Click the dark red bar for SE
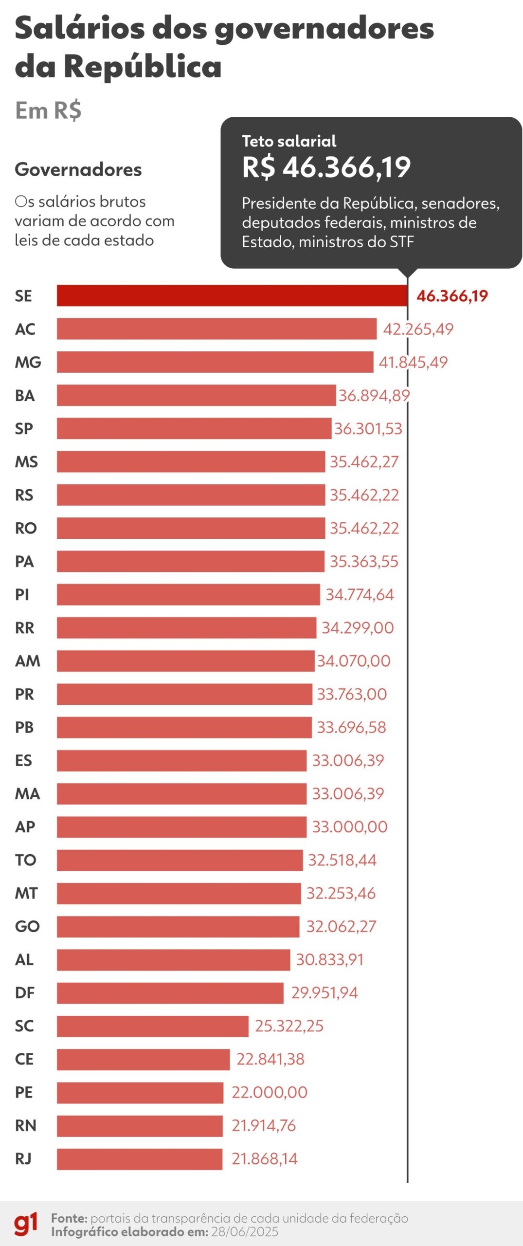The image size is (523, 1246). [232, 295]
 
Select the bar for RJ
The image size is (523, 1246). [139, 1159]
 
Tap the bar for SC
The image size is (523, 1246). [152, 1026]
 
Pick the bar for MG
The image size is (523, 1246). [215, 362]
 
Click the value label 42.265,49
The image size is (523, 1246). [418, 329]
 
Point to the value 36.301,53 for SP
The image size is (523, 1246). [368, 429]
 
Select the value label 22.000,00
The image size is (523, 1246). [269, 1092]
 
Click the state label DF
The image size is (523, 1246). [25, 993]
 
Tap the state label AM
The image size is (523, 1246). [27, 661]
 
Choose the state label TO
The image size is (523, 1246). [25, 860]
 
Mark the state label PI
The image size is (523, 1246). [22, 595]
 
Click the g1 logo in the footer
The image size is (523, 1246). [25, 1224]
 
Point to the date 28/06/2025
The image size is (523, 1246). [245, 1232]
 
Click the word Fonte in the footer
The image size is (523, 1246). [69, 1218]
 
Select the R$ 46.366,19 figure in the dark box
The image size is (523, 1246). [326, 167]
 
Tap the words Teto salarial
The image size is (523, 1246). [289, 141]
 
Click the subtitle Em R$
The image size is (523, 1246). [48, 110]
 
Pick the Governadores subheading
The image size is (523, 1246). [78, 169]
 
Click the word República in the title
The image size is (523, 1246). [143, 67]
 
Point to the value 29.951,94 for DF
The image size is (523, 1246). [324, 993]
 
